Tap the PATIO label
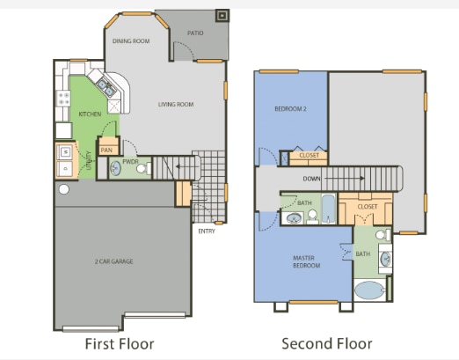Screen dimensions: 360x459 click(x=195, y=33)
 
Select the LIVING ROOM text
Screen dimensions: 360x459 click(x=176, y=105)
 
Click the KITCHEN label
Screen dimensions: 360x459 click(x=90, y=114)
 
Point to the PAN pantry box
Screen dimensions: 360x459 click(x=107, y=150)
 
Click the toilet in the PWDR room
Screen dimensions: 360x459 click(x=147, y=166)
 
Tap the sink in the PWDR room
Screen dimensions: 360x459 click(x=114, y=167)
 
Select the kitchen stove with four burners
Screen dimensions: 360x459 click(x=62, y=99)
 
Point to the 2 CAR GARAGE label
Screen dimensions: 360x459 click(x=115, y=261)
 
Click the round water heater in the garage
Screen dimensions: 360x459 click(x=63, y=189)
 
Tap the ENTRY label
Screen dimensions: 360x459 click(x=207, y=231)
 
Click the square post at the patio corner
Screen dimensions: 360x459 click(x=222, y=15)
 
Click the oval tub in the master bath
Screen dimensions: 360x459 click(x=369, y=292)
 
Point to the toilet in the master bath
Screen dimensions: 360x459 click(x=381, y=237)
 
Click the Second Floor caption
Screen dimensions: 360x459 click(x=326, y=343)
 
